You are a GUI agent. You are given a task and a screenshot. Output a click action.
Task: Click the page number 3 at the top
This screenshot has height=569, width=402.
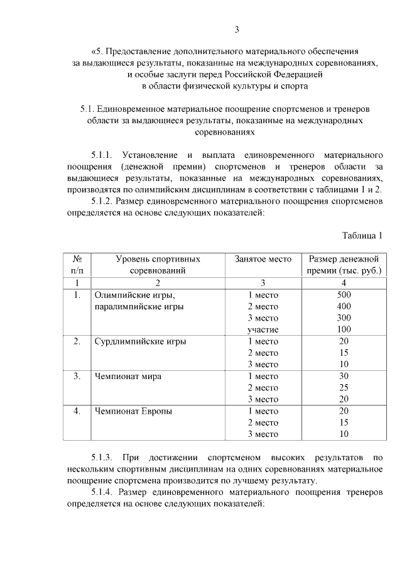pos(237,29)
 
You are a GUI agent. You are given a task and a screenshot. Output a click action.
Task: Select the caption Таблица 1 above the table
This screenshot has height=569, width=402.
pos(362,236)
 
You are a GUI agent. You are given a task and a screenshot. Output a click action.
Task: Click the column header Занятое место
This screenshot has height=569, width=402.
pos(263,259)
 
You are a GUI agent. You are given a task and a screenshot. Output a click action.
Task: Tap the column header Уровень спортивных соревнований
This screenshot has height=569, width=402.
pos(158,265)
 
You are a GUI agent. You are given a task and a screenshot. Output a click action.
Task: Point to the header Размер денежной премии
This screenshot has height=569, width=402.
pos(343,265)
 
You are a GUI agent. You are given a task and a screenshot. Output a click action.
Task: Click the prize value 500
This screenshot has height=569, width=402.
pos(344,294)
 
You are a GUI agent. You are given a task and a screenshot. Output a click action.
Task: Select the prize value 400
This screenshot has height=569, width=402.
pos(344,306)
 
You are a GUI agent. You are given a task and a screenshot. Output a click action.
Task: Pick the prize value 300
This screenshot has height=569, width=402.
pos(344,318)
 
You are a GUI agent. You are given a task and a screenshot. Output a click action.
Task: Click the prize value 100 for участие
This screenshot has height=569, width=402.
pos(344,329)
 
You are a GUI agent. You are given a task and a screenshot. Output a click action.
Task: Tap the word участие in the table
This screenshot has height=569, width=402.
pos(263,329)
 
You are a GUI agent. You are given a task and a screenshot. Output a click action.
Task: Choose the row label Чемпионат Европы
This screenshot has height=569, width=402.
pos(133,411)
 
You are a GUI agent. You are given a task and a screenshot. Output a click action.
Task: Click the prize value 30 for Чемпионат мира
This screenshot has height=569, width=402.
pos(344,376)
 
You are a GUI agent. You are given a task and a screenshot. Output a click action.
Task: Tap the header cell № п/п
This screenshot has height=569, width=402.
pos(79,265)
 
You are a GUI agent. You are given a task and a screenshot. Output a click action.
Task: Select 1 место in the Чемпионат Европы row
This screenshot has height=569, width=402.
pos(263,411)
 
